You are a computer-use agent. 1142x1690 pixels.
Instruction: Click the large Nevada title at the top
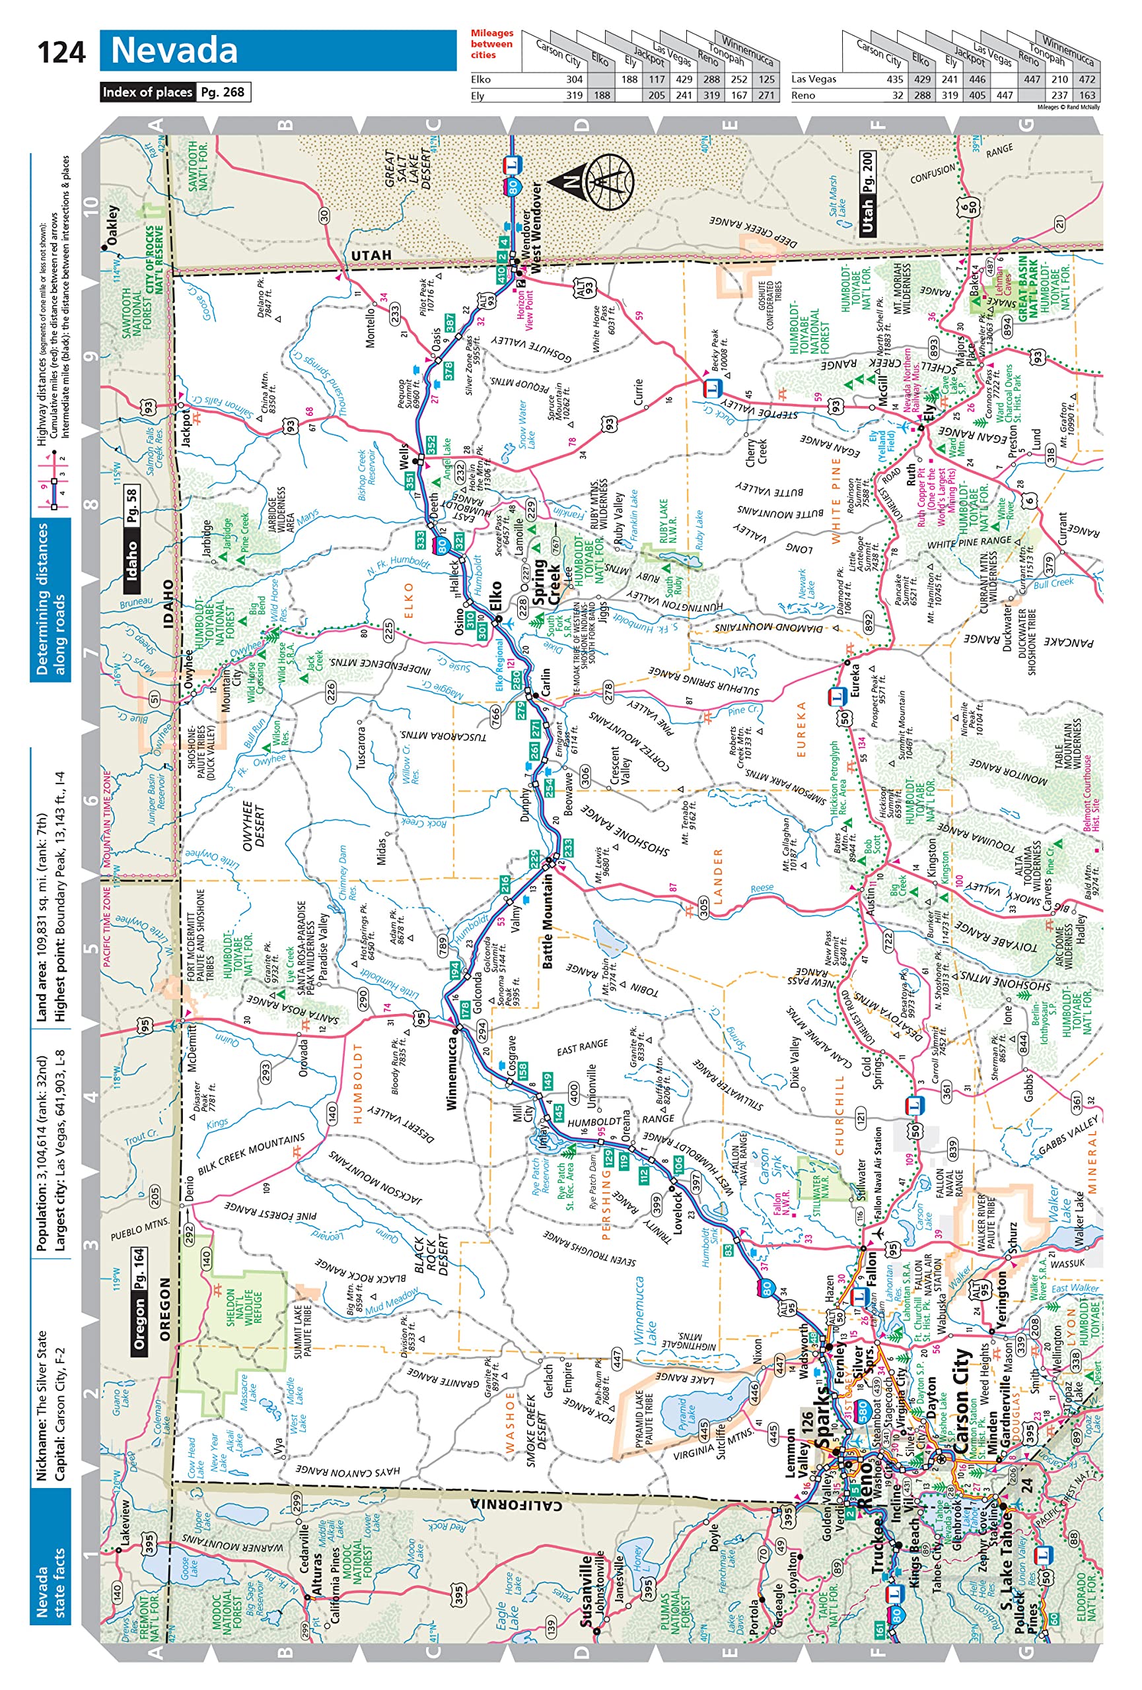tap(174, 50)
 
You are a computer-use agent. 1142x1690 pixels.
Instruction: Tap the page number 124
tap(61, 52)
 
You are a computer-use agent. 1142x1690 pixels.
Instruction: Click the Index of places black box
tap(148, 92)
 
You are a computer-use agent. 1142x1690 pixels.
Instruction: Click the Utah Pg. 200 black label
tap(867, 193)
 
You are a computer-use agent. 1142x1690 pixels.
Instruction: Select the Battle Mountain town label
tap(548, 922)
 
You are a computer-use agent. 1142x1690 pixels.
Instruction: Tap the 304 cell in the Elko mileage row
tap(574, 79)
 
